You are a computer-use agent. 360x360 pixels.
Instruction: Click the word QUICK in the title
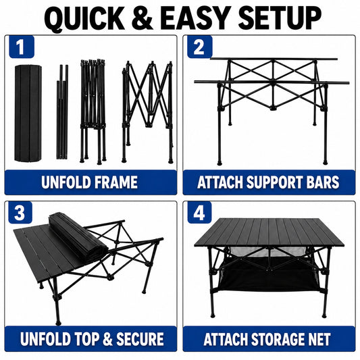(84, 18)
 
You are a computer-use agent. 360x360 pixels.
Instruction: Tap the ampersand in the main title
(143, 18)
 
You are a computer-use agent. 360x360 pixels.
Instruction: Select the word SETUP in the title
(280, 18)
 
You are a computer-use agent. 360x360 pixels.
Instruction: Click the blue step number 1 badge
(22, 47)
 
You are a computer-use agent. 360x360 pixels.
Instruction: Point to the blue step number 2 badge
(199, 47)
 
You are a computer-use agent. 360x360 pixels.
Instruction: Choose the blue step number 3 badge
(20, 213)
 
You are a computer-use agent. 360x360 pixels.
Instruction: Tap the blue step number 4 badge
(199, 213)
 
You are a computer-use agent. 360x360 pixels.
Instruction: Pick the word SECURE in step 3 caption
(140, 339)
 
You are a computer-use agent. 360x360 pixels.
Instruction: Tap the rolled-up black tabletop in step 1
(28, 113)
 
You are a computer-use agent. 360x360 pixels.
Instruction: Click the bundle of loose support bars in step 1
(62, 112)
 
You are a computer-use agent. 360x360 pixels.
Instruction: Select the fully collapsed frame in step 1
(93, 112)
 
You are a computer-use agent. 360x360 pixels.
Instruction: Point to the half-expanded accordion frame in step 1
(147, 112)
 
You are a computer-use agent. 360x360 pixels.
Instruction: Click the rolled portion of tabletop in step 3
(78, 236)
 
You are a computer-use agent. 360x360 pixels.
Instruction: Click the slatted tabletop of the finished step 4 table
(269, 232)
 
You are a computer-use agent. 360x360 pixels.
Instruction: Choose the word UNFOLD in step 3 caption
(45, 339)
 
